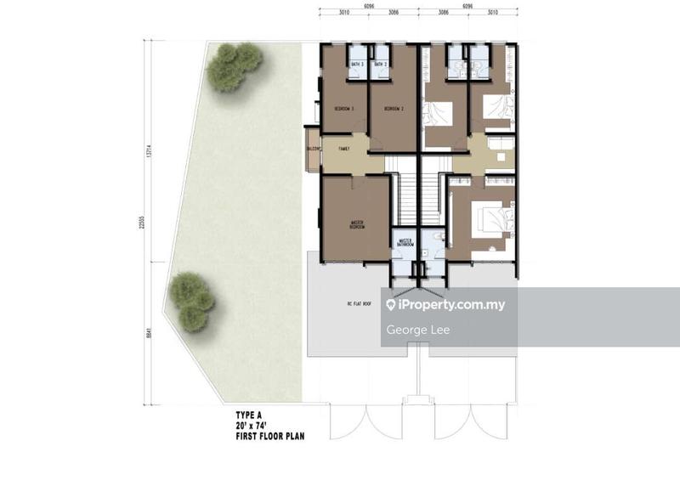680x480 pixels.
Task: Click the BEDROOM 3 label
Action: click(343, 109)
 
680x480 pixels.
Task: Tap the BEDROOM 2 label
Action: click(392, 109)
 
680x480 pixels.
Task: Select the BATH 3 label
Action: click(356, 64)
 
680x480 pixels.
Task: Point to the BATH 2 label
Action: click(380, 64)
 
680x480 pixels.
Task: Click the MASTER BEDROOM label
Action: click(357, 226)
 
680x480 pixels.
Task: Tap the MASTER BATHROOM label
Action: click(405, 244)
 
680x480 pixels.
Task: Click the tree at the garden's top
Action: click(233, 66)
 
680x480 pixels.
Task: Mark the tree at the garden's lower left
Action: click(191, 299)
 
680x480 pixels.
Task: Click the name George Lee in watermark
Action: click(417, 330)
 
